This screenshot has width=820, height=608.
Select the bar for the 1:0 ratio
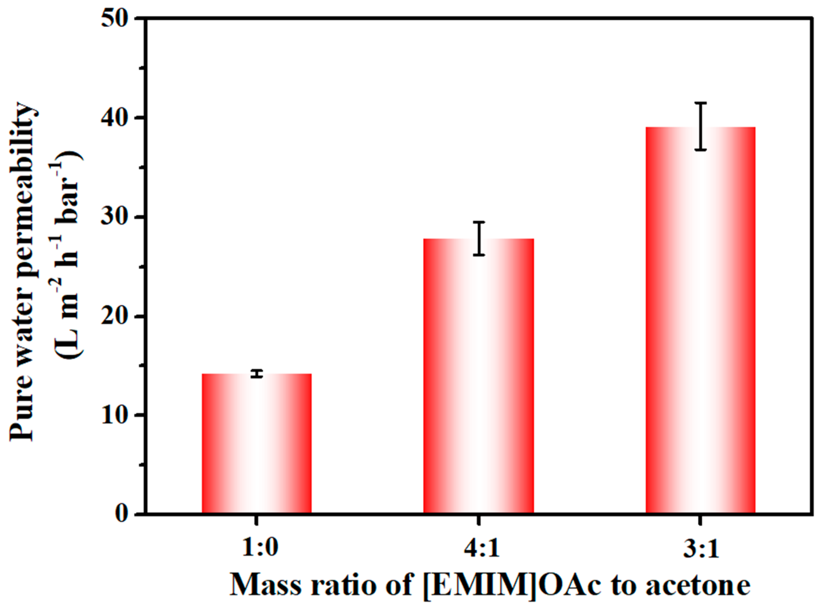click(257, 443)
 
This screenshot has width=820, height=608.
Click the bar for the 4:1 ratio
click(478, 375)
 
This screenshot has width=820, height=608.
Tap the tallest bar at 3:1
click(700, 320)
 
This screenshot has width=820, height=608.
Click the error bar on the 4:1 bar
click(479, 238)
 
